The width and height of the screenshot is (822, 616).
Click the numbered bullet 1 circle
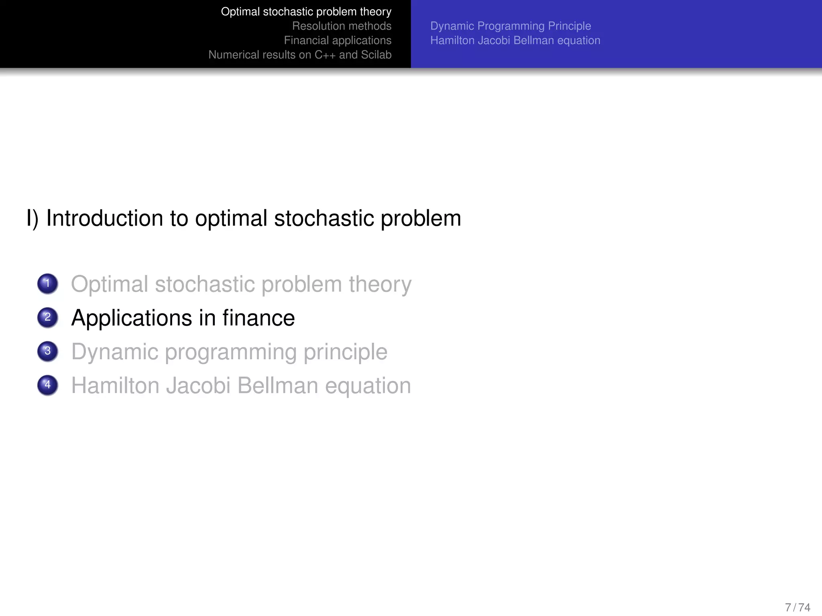(x=48, y=284)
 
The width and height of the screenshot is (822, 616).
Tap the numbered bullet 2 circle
(x=48, y=318)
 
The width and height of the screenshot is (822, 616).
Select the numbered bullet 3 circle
(x=48, y=351)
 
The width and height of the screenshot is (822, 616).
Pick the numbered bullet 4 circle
(x=48, y=385)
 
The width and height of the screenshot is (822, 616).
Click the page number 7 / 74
(x=798, y=607)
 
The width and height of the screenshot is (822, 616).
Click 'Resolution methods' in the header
(x=342, y=26)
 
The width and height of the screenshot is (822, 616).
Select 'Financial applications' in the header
(x=338, y=41)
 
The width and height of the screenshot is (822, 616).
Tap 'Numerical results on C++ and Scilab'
(x=300, y=55)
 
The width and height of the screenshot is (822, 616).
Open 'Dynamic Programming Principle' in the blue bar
(x=511, y=26)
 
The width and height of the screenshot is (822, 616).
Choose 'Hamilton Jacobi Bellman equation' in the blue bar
(x=515, y=41)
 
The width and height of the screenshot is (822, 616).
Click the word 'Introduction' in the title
(x=105, y=219)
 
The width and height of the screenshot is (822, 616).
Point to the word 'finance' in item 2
(x=258, y=318)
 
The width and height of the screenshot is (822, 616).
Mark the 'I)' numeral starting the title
(x=33, y=219)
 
